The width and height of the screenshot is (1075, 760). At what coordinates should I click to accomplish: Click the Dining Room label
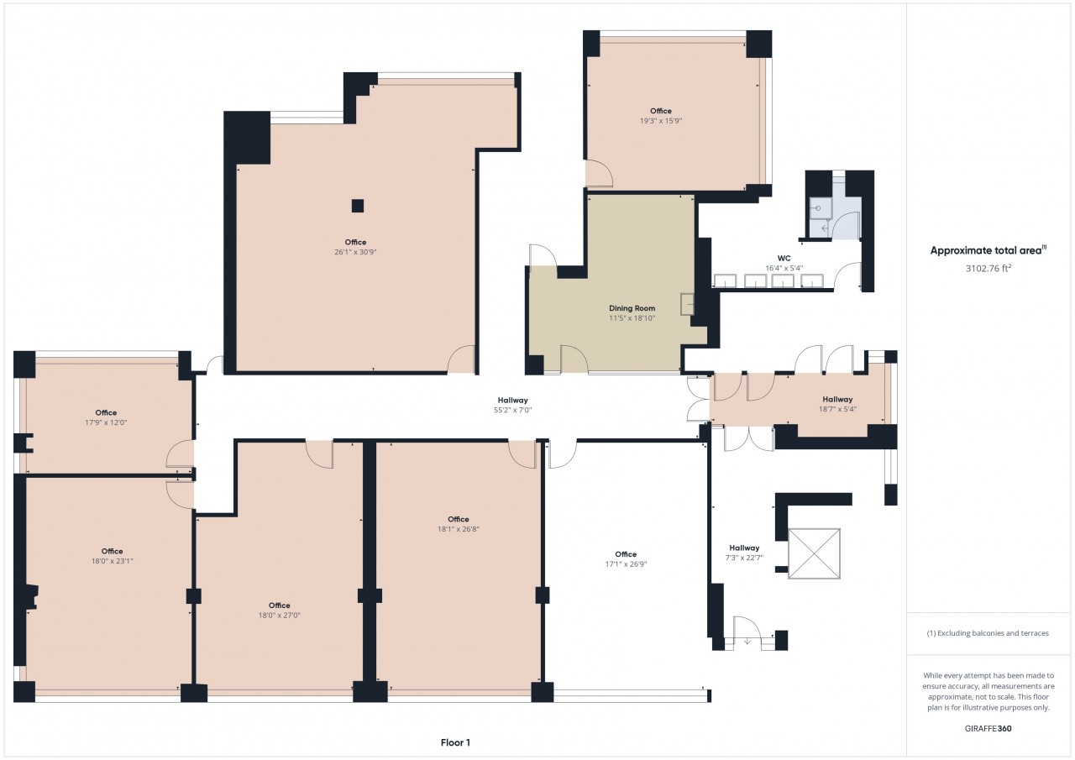click(x=632, y=308)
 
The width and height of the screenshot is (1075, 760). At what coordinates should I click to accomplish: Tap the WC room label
click(x=784, y=258)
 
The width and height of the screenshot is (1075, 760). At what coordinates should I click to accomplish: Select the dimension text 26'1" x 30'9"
click(x=355, y=252)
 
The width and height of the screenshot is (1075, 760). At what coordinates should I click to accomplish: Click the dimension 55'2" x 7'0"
click(x=512, y=410)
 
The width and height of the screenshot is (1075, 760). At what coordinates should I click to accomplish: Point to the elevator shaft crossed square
click(x=814, y=553)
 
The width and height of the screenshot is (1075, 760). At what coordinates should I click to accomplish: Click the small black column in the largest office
click(x=358, y=206)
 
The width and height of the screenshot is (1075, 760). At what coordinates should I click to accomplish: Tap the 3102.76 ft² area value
click(x=988, y=268)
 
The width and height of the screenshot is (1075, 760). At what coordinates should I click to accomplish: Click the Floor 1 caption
click(x=455, y=742)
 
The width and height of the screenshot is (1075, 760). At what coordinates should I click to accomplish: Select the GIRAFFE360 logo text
click(x=988, y=728)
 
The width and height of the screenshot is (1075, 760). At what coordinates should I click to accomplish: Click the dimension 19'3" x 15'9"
click(x=661, y=121)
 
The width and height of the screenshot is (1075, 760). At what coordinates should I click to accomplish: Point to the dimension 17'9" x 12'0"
click(x=106, y=422)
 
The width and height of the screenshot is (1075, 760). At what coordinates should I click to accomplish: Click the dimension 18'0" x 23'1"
click(x=112, y=561)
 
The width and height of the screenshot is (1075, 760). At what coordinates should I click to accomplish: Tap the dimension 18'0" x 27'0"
click(x=280, y=615)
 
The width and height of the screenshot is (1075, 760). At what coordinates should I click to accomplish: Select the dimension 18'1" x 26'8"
click(x=459, y=529)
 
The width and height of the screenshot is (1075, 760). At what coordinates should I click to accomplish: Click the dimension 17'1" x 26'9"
click(x=626, y=564)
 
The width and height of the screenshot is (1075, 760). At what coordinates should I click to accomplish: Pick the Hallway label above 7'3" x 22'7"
click(x=744, y=548)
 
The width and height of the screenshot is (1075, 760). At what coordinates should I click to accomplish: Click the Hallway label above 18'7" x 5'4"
click(x=837, y=399)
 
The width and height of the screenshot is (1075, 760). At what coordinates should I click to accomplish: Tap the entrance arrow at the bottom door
click(x=747, y=640)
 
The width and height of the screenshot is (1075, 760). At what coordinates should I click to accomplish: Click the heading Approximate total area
click(x=986, y=250)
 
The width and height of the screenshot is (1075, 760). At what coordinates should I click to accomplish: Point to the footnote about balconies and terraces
click(x=988, y=633)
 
